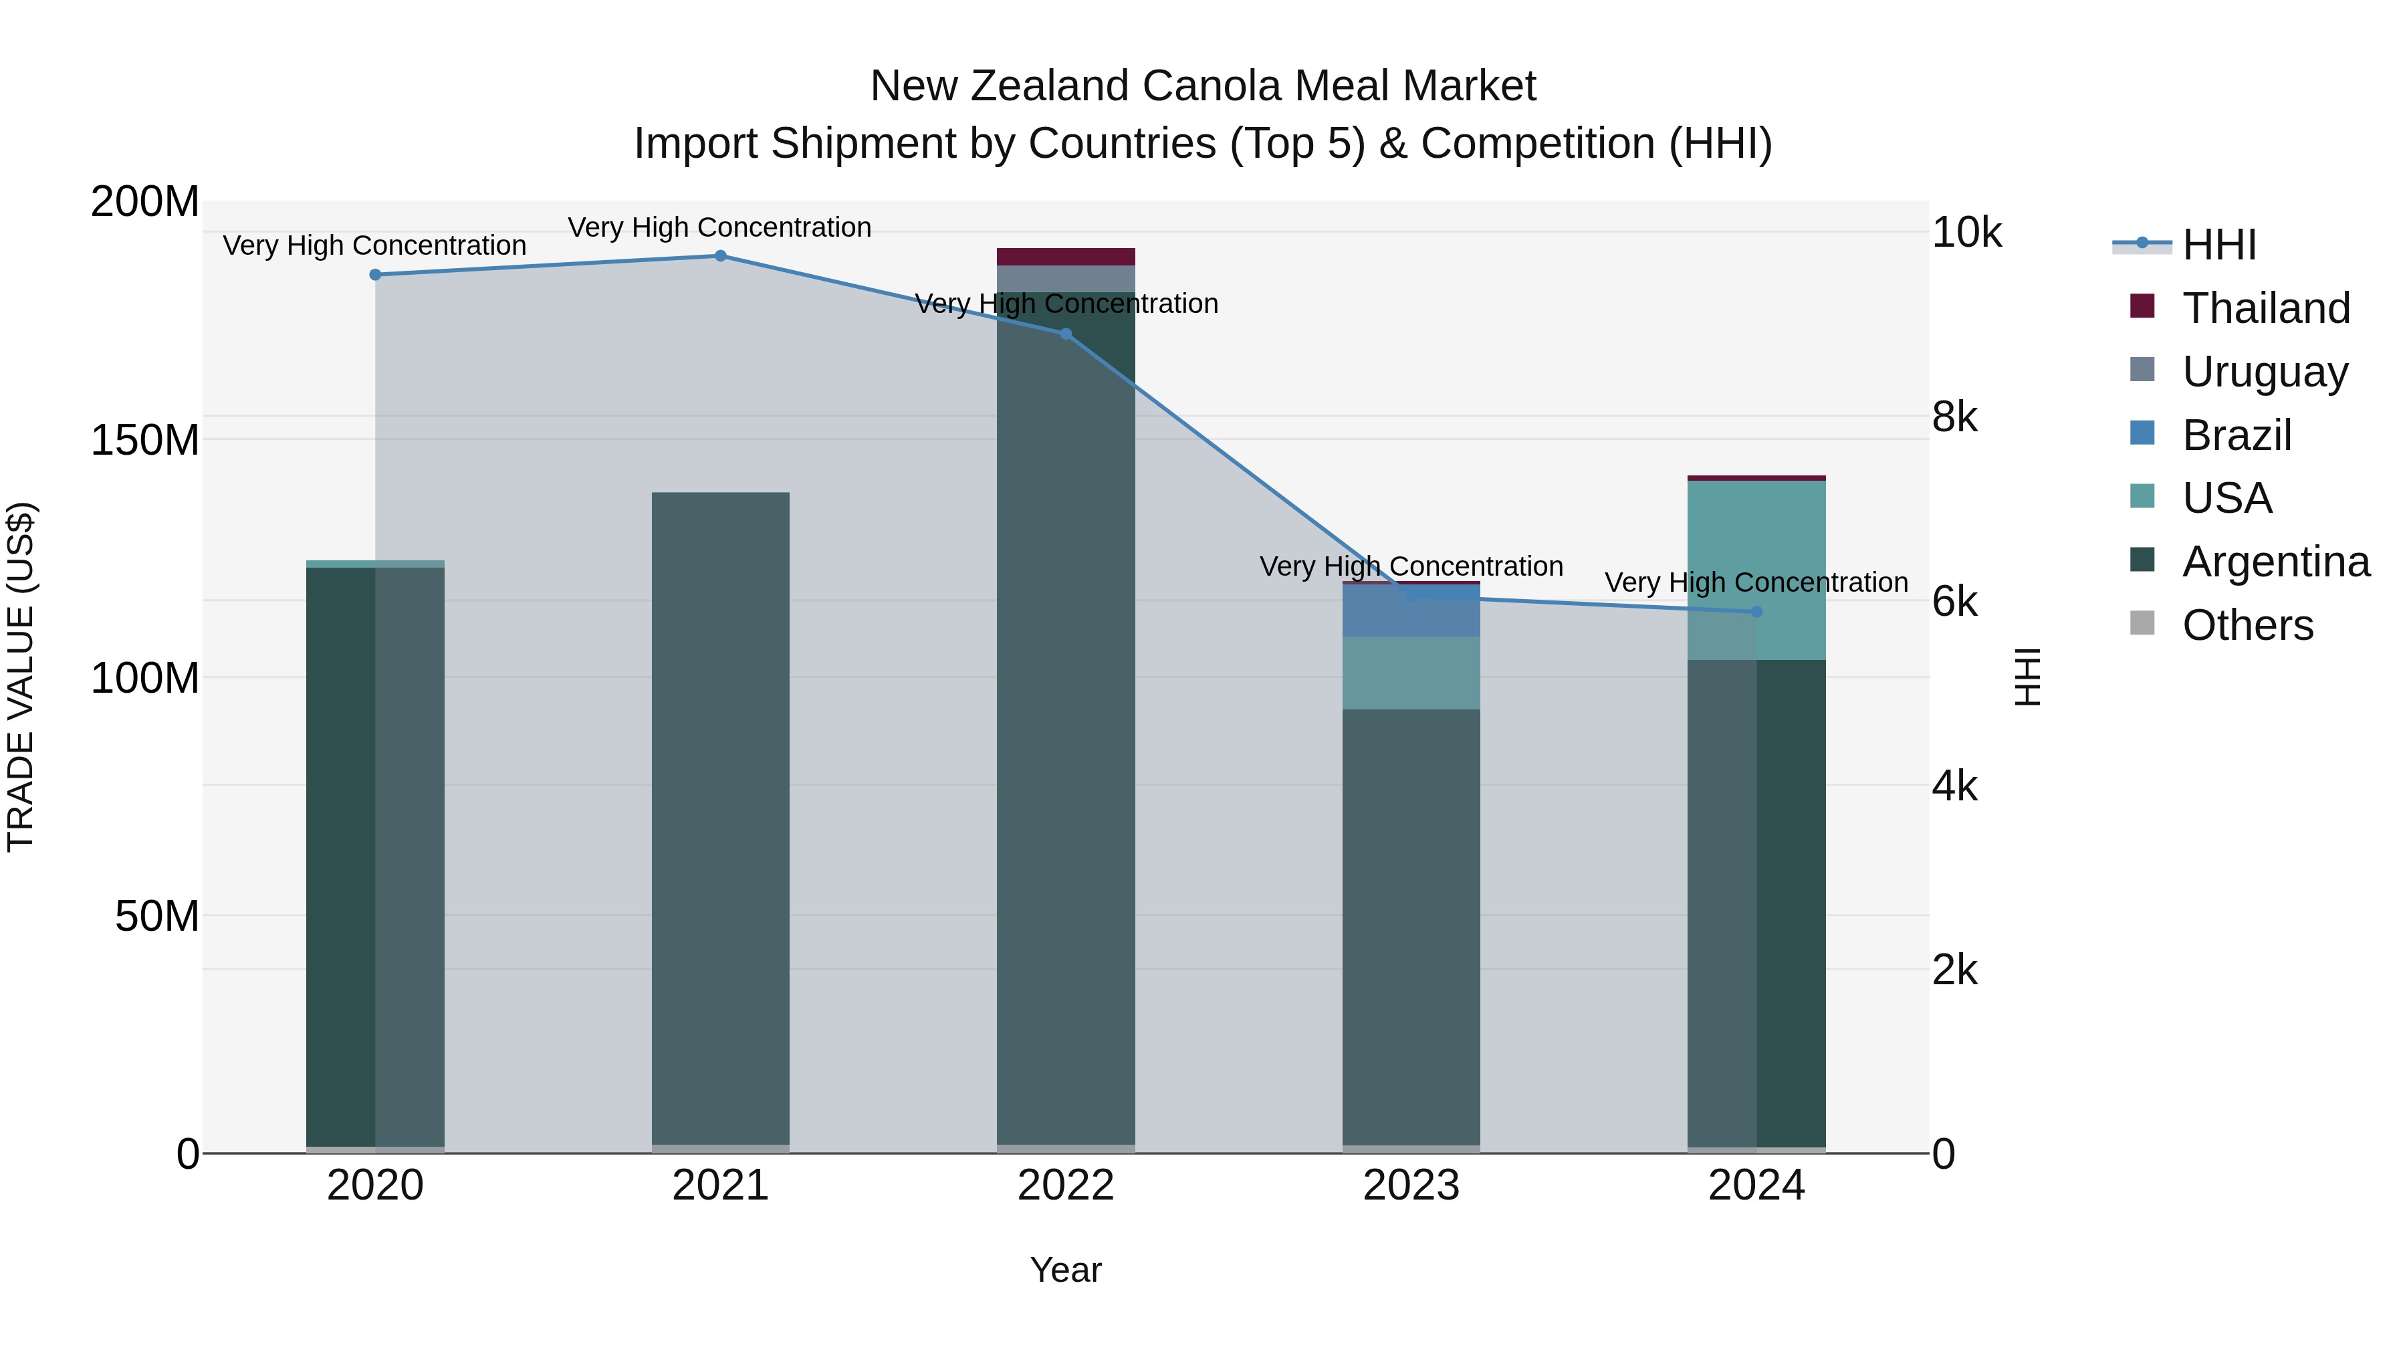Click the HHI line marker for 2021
tap(720, 256)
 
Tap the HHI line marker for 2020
tap(376, 275)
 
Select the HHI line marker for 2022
tap(1066, 334)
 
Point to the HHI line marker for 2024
tap(1756, 612)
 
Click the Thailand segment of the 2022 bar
tap(1066, 257)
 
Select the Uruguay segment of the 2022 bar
tap(1066, 278)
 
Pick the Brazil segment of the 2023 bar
tap(1411, 611)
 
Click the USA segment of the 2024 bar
tap(1756, 570)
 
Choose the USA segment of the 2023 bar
tap(1411, 673)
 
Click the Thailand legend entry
tap(2266, 308)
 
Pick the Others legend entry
tap(2247, 625)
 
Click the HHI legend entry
tap(2218, 245)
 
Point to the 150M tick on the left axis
tap(145, 439)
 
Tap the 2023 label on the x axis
tap(1411, 1186)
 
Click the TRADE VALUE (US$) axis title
tap(21, 677)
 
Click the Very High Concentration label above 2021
tap(719, 227)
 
